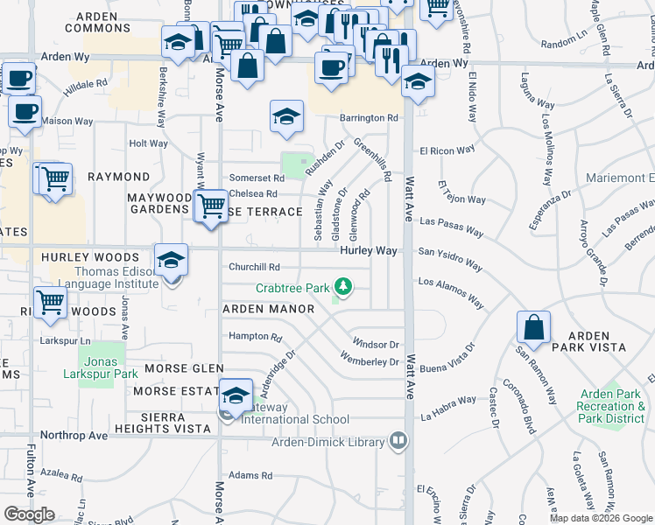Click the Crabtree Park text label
[x=292, y=287]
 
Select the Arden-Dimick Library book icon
[x=399, y=439]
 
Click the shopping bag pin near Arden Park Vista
[x=533, y=328]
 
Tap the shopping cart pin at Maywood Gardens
[x=210, y=206]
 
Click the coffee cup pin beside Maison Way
[x=25, y=112]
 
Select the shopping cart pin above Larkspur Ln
[x=50, y=302]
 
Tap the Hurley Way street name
[x=369, y=251]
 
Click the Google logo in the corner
[x=29, y=514]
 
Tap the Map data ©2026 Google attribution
[x=601, y=518]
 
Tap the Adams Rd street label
[x=250, y=476]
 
